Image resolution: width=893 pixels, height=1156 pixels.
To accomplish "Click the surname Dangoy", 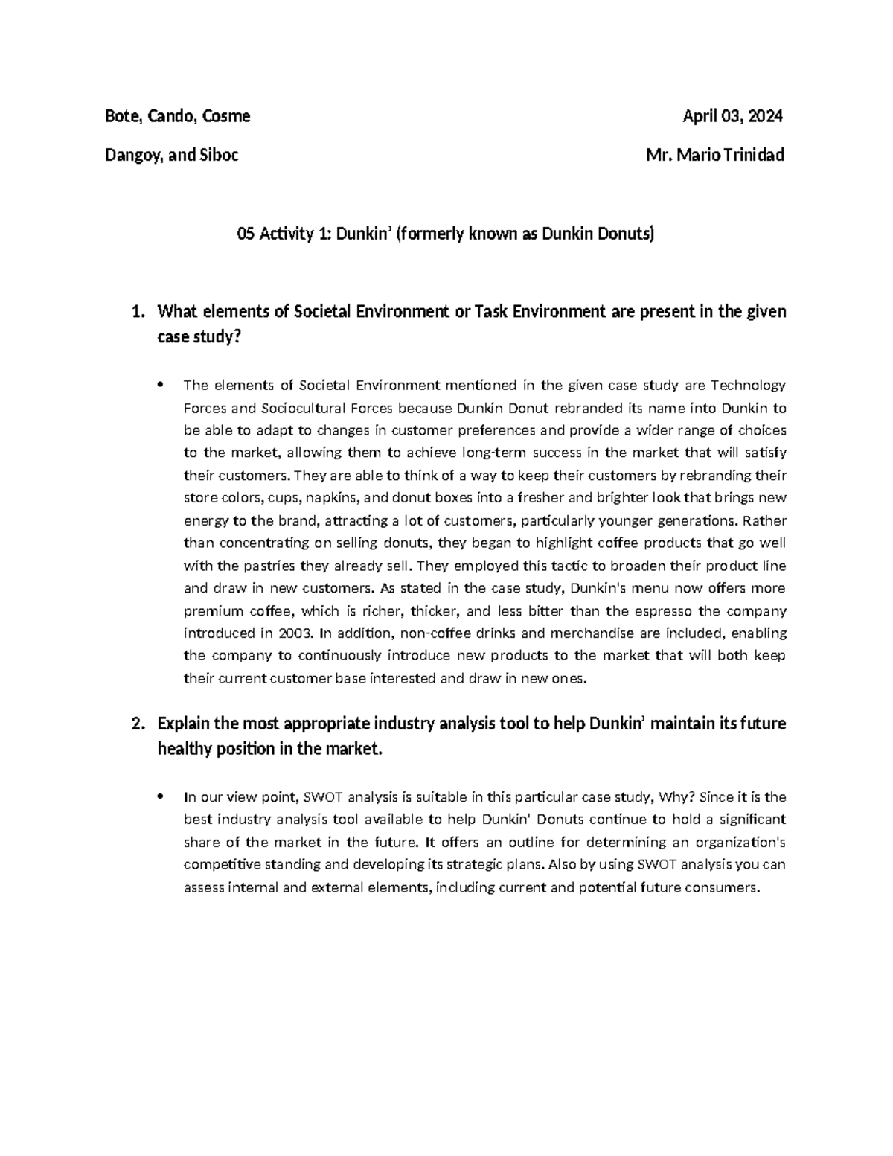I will click(135, 156).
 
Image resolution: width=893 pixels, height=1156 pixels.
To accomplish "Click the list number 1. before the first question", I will click(137, 312).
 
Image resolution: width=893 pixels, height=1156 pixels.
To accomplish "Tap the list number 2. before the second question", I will click(137, 724).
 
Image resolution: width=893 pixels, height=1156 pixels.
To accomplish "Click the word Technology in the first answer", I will click(748, 386).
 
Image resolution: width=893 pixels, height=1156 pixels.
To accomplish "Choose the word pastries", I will click(270, 543).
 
